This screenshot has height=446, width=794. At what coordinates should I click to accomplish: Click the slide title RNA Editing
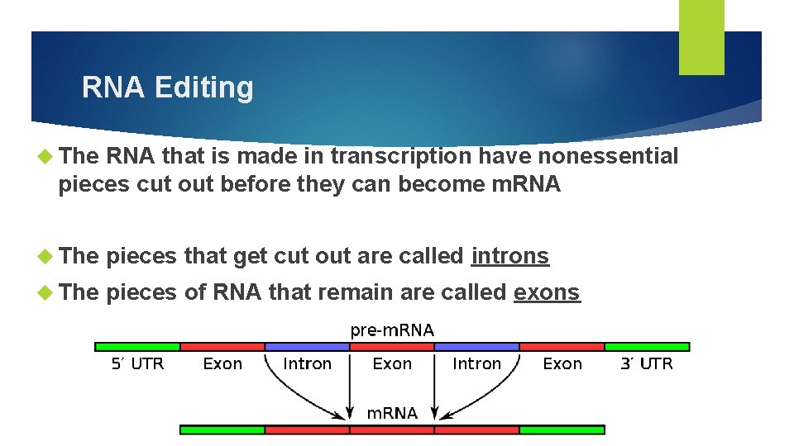(x=168, y=88)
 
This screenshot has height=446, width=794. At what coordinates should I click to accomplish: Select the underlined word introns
(x=509, y=256)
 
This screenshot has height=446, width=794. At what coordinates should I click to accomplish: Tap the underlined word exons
(x=547, y=292)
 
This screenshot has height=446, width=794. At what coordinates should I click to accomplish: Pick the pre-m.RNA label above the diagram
(x=392, y=330)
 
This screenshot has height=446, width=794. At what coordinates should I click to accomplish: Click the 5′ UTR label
(x=138, y=363)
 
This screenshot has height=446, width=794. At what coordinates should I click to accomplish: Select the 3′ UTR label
(x=647, y=363)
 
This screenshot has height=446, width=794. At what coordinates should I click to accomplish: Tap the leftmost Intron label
(x=307, y=363)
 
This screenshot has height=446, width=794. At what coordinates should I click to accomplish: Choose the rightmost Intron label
(x=477, y=363)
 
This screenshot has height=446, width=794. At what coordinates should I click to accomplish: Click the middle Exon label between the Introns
(x=392, y=363)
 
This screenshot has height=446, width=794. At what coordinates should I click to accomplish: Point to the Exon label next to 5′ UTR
(x=222, y=363)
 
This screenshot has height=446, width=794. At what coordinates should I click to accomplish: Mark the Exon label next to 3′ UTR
(x=562, y=363)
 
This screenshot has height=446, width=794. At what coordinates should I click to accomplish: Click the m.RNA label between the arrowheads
(x=392, y=413)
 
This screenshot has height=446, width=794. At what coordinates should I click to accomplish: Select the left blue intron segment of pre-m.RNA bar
(x=307, y=347)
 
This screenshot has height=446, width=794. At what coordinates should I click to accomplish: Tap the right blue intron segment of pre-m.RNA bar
(x=477, y=347)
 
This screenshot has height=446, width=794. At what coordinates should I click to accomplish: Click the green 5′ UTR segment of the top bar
(x=138, y=347)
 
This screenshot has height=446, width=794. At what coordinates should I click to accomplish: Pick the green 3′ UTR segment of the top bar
(x=647, y=347)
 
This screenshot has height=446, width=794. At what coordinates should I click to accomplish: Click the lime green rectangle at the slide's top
(x=701, y=37)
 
